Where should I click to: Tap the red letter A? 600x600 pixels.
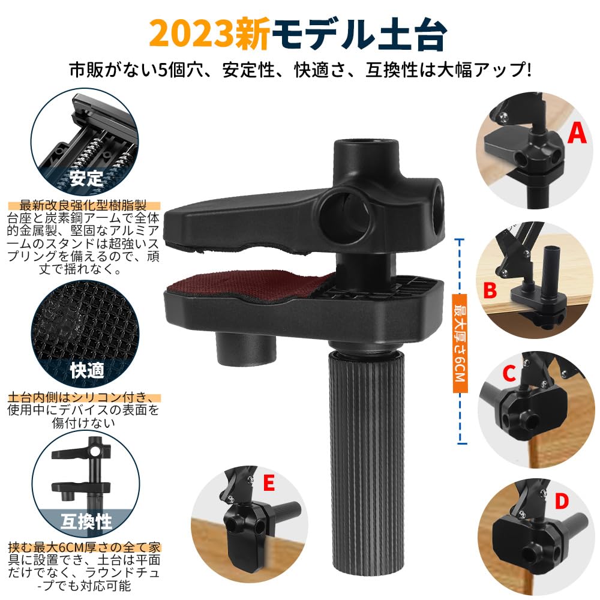[577, 133]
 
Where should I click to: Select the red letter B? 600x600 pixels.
[490, 291]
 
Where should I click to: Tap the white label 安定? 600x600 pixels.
[86, 178]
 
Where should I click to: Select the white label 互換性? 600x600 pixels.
[87, 520]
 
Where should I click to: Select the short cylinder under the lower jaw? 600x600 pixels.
[245, 349]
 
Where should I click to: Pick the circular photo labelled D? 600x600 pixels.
[528, 528]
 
